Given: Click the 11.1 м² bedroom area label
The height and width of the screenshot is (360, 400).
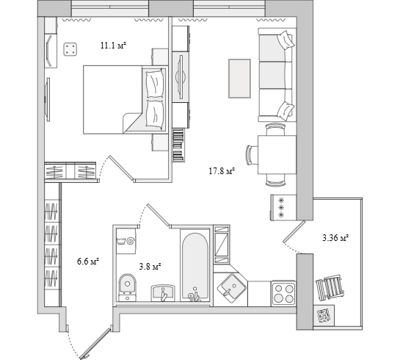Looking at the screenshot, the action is click(x=114, y=46).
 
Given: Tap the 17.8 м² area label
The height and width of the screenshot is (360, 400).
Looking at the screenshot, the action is click(x=222, y=170).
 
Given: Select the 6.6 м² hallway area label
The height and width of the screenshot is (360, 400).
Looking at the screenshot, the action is click(x=88, y=262).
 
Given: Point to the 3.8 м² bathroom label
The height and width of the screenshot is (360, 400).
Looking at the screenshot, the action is click(x=150, y=267).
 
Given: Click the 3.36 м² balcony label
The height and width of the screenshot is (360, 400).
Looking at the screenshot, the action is click(x=335, y=238).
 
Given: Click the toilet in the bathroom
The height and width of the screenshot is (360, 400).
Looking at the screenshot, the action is click(x=127, y=287).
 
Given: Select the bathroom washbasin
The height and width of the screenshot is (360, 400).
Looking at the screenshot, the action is click(x=163, y=293).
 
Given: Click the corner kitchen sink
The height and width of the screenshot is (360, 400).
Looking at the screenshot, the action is click(x=232, y=288).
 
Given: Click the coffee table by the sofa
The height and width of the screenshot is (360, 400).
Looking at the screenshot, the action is click(x=239, y=79).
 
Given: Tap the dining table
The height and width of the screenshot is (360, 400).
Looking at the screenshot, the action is click(x=277, y=155).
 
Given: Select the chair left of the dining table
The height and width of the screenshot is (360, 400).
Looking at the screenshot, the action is click(x=252, y=155).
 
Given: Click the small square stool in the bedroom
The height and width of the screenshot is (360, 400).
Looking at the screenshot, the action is click(x=70, y=49).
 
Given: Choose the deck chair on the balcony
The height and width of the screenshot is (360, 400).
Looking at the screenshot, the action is click(x=330, y=287).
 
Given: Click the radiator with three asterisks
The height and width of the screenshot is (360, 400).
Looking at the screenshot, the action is click(x=283, y=207).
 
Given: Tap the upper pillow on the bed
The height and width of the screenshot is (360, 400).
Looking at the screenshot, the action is click(x=154, y=83).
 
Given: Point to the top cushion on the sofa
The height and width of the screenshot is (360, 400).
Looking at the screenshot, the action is click(x=286, y=40).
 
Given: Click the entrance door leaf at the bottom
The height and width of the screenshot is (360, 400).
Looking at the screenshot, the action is click(x=95, y=343).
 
